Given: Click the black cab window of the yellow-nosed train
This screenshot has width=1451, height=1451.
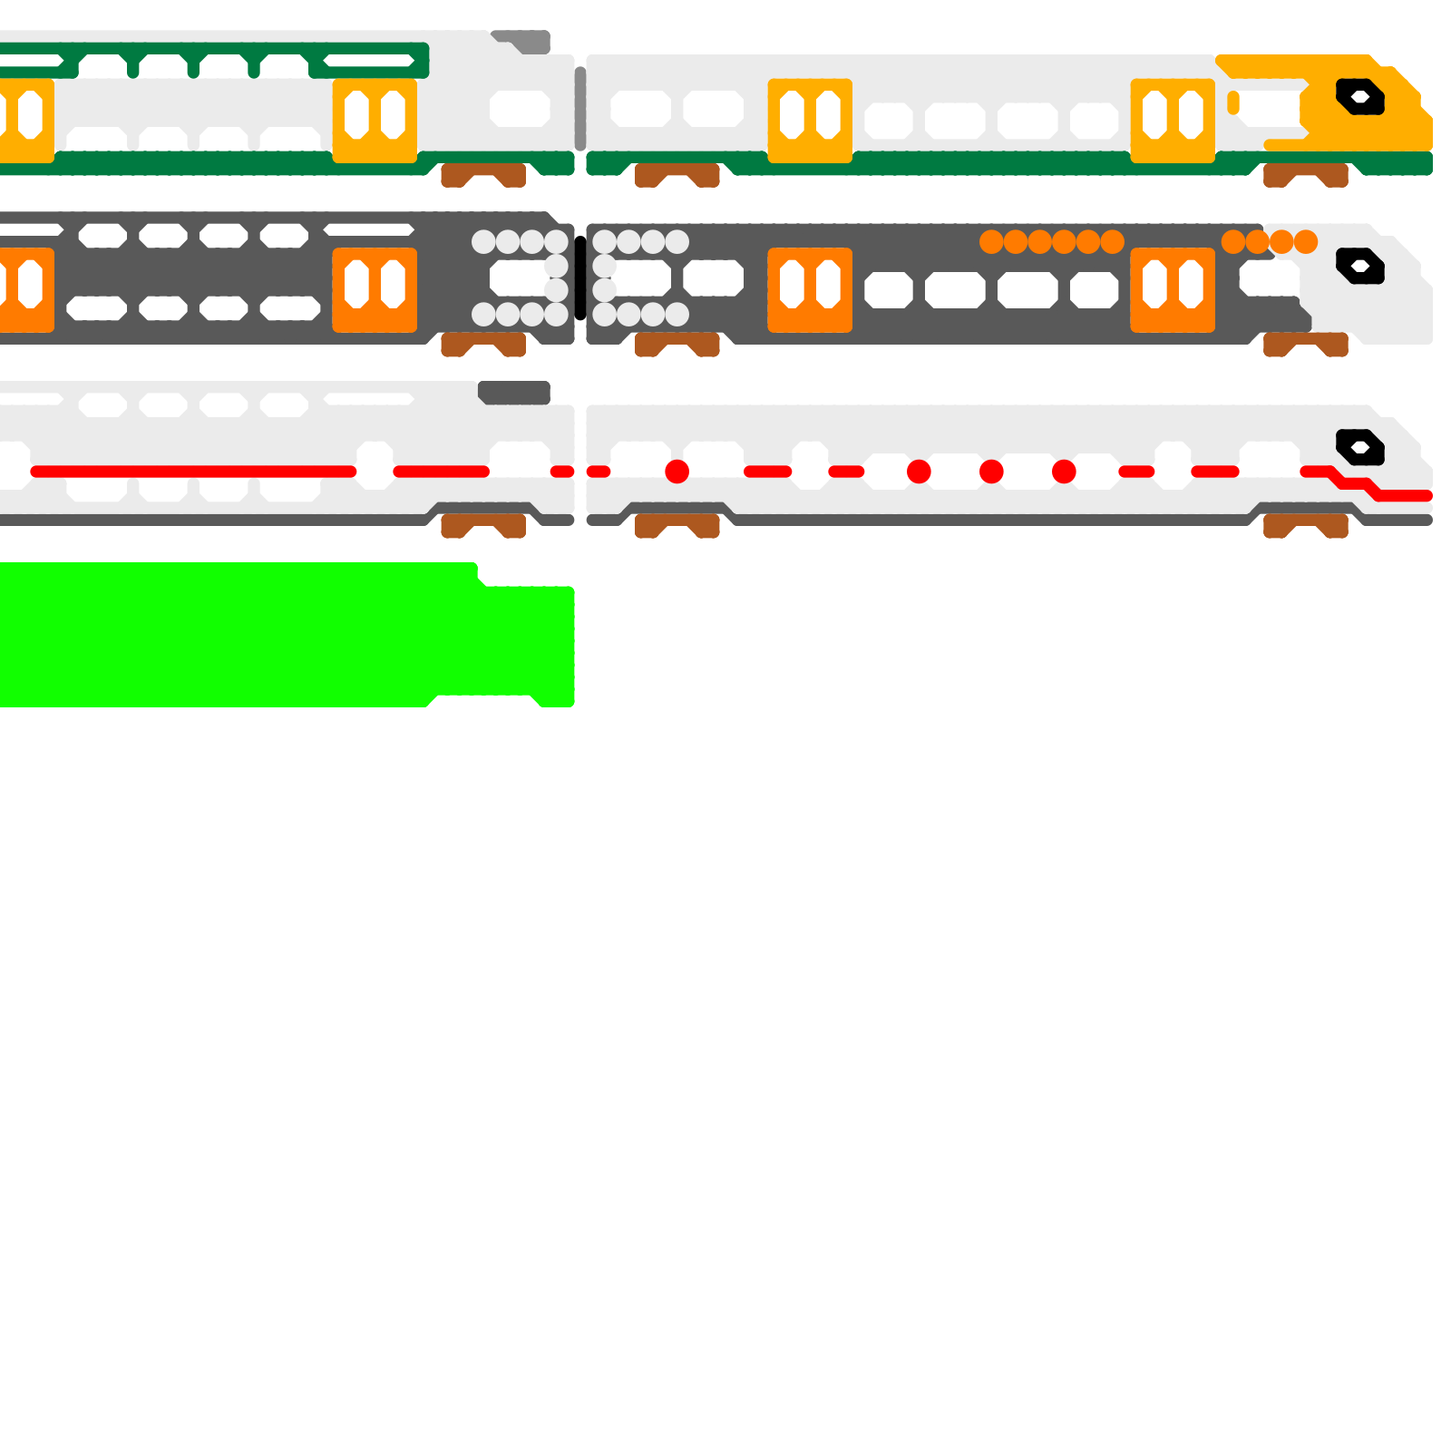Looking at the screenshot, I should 1359,97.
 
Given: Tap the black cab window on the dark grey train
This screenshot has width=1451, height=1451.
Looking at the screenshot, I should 1359,266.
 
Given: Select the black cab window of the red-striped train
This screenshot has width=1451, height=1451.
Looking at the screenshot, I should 1359,447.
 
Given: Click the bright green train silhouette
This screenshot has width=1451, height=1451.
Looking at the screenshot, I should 272,635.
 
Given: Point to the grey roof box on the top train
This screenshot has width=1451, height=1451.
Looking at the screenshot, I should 526,42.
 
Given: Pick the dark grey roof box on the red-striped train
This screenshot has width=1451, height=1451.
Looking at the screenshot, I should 514,393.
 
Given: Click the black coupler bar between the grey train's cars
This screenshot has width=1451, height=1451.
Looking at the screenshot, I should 580,278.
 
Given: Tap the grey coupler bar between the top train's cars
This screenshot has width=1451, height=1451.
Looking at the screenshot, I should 580,109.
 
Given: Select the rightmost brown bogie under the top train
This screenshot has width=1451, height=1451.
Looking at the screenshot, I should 1306,175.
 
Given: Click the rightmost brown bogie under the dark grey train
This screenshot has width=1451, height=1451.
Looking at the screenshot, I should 1306,345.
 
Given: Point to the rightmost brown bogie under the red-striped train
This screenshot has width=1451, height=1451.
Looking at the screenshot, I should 1306,526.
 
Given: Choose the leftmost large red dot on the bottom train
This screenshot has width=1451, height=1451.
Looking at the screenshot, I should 677,472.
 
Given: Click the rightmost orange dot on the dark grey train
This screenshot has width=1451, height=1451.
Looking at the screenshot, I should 1306,242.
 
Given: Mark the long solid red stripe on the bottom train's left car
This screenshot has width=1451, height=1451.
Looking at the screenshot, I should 193,472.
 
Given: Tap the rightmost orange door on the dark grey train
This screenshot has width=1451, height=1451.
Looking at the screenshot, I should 1173,290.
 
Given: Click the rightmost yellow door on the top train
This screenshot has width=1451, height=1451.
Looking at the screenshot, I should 1173,121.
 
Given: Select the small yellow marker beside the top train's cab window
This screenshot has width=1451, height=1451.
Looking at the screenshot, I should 1233,102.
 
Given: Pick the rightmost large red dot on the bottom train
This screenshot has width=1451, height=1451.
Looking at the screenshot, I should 1064,472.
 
